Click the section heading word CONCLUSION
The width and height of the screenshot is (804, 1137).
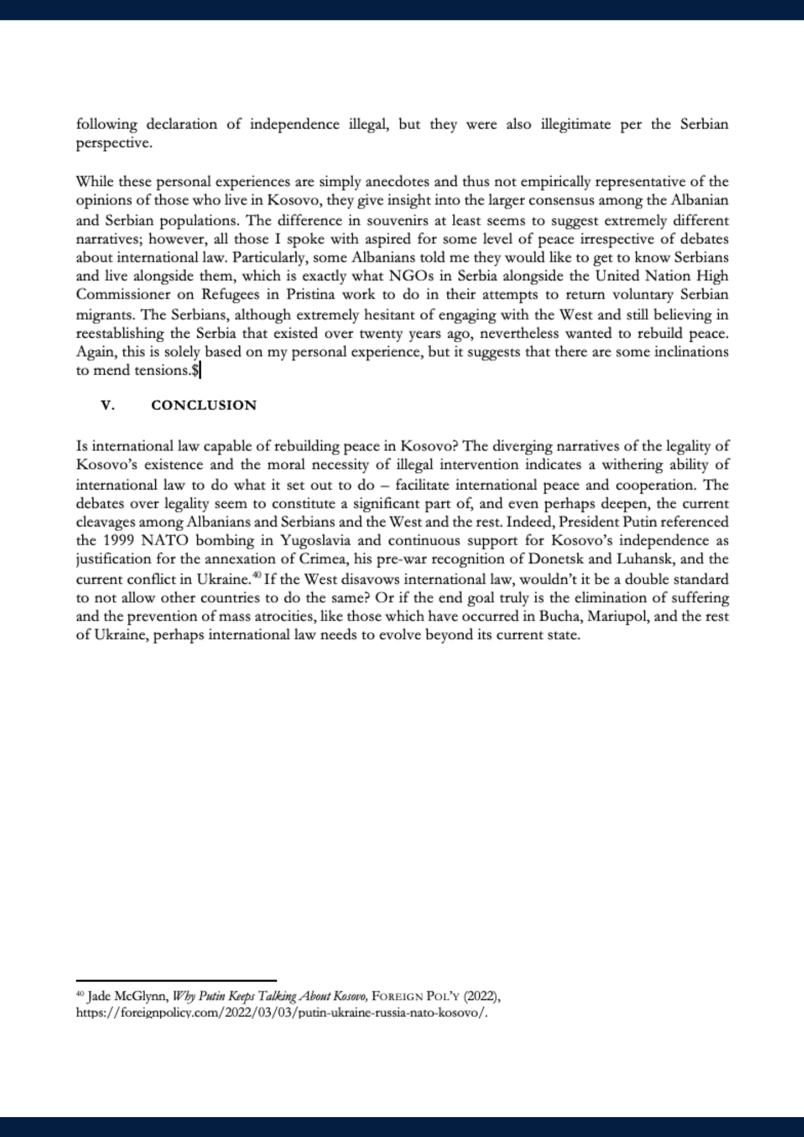[x=204, y=405]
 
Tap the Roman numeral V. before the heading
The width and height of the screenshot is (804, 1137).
[x=108, y=405]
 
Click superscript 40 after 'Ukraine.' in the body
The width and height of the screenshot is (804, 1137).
[x=256, y=576]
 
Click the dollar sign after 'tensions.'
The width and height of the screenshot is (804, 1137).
[x=195, y=371]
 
